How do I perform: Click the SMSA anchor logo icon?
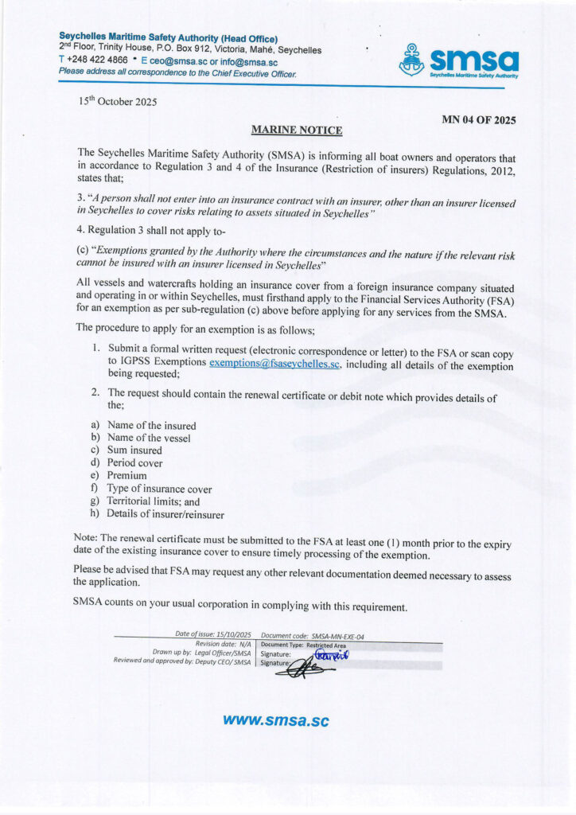click(411, 60)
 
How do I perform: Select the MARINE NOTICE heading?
click(297, 129)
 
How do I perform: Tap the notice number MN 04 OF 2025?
click(479, 120)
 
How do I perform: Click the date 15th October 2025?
click(118, 101)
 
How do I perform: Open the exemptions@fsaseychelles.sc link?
click(275, 364)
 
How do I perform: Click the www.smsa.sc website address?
click(275, 720)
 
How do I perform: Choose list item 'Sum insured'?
click(134, 450)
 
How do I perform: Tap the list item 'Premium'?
click(127, 476)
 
